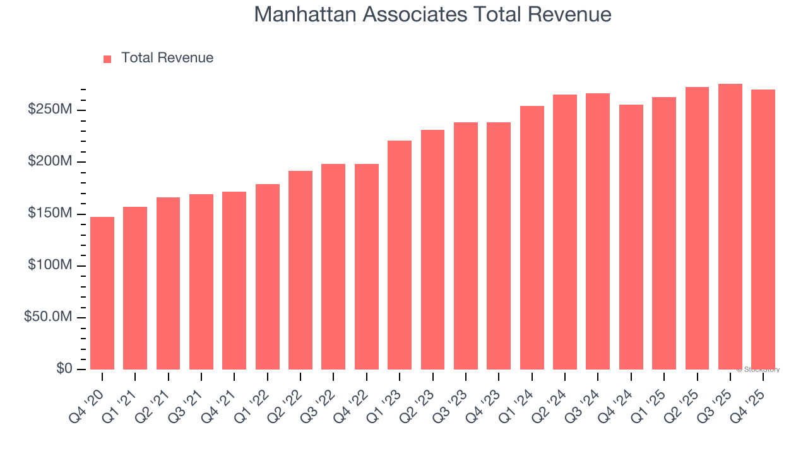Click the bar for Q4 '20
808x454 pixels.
pyautogui.click(x=102, y=293)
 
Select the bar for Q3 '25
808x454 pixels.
pyautogui.click(x=730, y=227)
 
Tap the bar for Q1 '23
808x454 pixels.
pyautogui.click(x=400, y=255)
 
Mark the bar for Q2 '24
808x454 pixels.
pyautogui.click(x=565, y=232)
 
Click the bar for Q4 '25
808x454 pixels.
pyautogui.click(x=763, y=230)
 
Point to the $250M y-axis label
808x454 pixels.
pyautogui.click(x=50, y=110)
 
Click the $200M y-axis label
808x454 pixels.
pyautogui.click(x=50, y=162)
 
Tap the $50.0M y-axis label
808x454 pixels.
pyautogui.click(x=48, y=317)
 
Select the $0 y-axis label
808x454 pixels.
pyautogui.click(x=64, y=369)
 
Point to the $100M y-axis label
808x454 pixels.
pyautogui.click(x=50, y=265)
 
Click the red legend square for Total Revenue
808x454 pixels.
pyautogui.click(x=107, y=59)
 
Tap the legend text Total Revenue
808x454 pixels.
pyautogui.click(x=167, y=58)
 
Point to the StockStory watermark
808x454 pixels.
pyautogui.click(x=758, y=370)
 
